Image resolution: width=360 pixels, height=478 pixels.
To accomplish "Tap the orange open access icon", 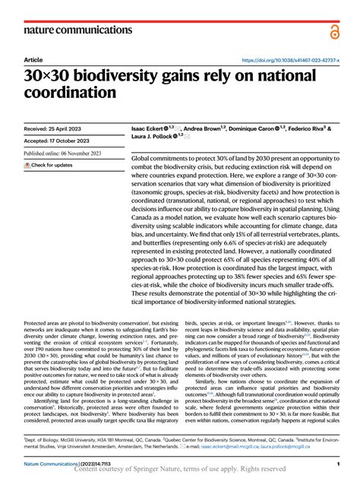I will coord(333,30).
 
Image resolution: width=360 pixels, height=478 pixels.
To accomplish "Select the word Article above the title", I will coord(33,59).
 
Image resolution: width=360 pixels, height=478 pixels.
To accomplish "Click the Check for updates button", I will coord(49,165).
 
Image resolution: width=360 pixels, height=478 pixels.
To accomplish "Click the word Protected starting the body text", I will coord(36,323).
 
